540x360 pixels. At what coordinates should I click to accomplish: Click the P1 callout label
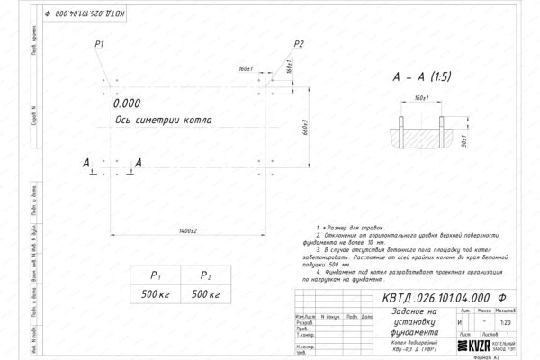pos(99,44)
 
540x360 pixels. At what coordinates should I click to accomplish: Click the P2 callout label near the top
pos(300,44)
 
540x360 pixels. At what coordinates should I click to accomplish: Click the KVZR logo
pos(480,346)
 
